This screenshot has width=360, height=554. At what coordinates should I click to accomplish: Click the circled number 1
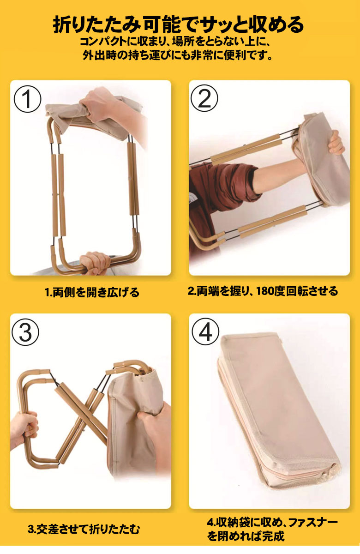point(28,98)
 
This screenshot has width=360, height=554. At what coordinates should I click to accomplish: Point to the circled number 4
point(205,331)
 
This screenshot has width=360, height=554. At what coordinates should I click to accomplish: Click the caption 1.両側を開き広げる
point(92,292)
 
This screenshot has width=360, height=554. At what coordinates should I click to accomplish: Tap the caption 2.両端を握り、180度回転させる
point(263,291)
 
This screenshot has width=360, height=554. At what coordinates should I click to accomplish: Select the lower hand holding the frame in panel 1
point(95,262)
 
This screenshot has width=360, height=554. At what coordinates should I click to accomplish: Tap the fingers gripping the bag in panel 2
point(336,143)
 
